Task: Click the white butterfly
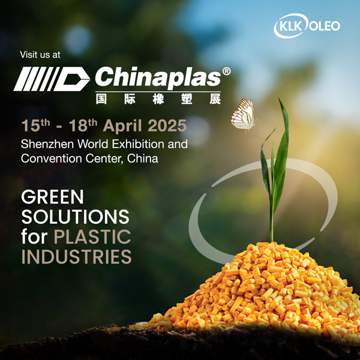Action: pyautogui.click(x=244, y=116)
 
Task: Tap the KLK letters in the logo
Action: pyautogui.click(x=290, y=26)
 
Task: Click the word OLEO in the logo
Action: pyautogui.click(x=325, y=26)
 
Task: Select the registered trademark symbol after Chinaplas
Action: pyautogui.click(x=226, y=71)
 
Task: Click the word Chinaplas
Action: pyautogui.click(x=158, y=77)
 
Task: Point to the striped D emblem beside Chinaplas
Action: pyautogui.click(x=52, y=79)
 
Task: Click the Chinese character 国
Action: pyautogui.click(x=101, y=99)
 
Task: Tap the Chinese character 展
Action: pyautogui.click(x=215, y=99)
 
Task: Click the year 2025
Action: pyautogui.click(x=167, y=126)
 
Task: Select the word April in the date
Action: pyautogui.click(x=122, y=126)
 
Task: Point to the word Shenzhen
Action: pyautogui.click(x=47, y=144)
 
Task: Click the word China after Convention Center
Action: pyautogui.click(x=143, y=158)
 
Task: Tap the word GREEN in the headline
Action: pyautogui.click(x=52, y=197)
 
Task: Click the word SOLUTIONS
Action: pyautogui.click(x=76, y=217)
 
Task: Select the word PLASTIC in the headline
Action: pyautogui.click(x=92, y=236)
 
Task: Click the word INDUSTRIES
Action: pyautogui.click(x=76, y=256)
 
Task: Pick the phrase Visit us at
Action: pyautogui.click(x=40, y=55)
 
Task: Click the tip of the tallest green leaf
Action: pyautogui.click(x=280, y=98)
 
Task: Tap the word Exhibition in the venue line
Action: pyautogui.click(x=139, y=144)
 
